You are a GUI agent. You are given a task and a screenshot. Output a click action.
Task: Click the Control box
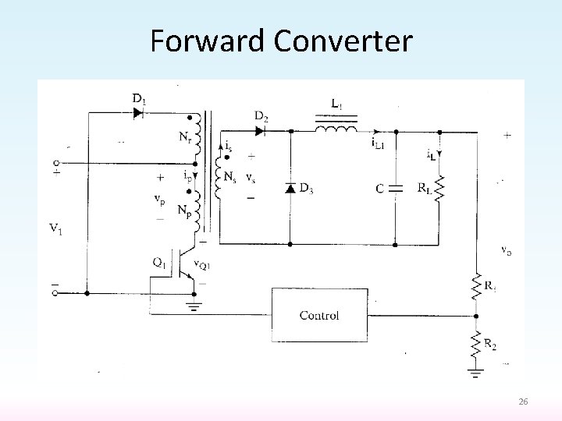tap(319, 314)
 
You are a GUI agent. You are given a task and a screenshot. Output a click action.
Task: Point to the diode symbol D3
tap(290, 188)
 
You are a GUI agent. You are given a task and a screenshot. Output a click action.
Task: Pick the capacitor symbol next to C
tap(395, 187)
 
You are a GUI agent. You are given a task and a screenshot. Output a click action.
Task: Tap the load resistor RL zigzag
tap(439, 187)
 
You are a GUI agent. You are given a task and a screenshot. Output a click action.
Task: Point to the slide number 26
tap(523, 402)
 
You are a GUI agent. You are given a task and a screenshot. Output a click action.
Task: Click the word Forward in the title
tap(203, 41)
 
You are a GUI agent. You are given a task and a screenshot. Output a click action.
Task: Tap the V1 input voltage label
tap(55, 228)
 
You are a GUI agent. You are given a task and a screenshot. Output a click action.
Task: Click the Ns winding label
tap(229, 178)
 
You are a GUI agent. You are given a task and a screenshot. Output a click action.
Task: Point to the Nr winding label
tap(183, 140)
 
